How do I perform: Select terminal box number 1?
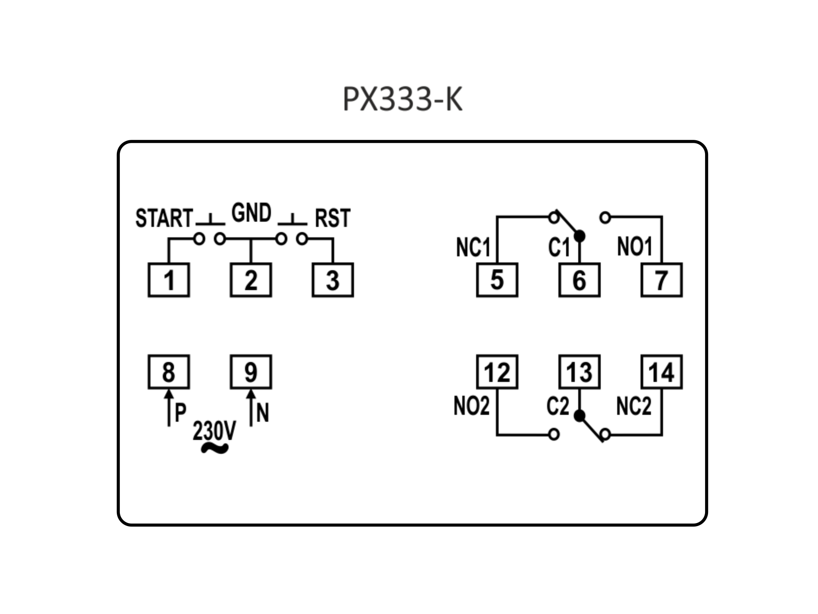169,280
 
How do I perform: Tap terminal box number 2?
251,280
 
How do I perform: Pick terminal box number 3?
333,280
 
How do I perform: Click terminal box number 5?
497,280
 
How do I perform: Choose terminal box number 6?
580,280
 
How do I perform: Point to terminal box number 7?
662,280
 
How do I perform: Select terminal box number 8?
169,372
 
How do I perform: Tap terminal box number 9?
251,372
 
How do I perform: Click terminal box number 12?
497,372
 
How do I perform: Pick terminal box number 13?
580,372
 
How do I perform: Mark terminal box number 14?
662,372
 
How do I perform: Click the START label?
164,218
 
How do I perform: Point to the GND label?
251,213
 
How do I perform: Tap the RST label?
332,218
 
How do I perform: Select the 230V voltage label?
214,431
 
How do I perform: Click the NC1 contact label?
473,248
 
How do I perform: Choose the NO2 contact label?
471,406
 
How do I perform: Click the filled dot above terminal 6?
580,236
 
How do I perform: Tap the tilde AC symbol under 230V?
215,448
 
